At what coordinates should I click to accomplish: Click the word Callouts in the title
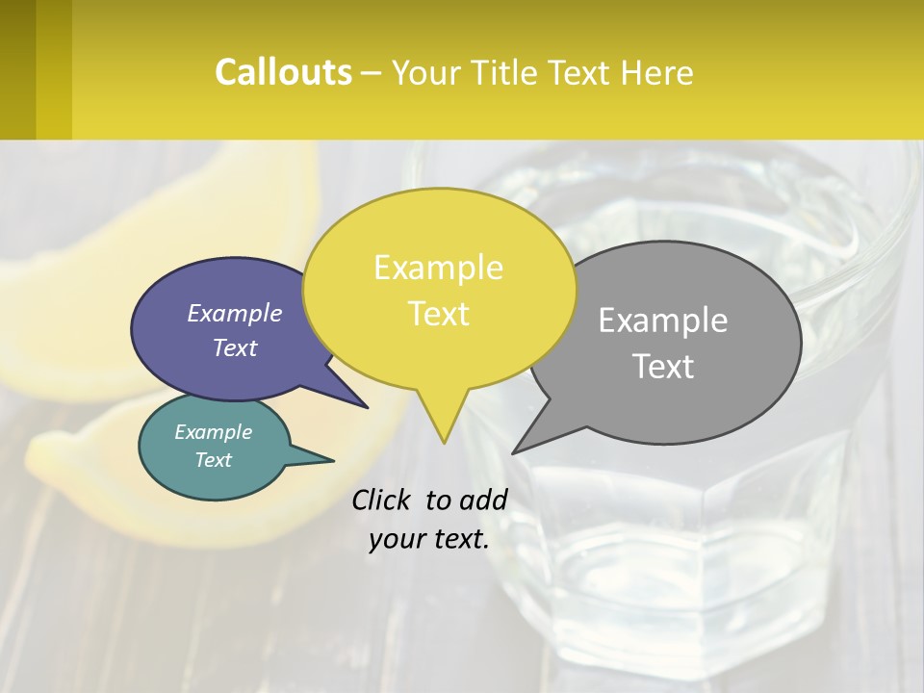pos(283,72)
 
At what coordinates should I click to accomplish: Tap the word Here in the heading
pos(658,73)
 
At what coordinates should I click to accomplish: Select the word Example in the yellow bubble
pos(438,268)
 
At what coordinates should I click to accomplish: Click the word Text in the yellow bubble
pos(439,314)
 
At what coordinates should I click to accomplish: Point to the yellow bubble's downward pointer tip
pos(444,439)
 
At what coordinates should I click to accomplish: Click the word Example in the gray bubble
pos(663,321)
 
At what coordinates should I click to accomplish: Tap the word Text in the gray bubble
pos(663,367)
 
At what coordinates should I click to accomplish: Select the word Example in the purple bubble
pos(235,314)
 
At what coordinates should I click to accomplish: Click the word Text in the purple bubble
pos(235,348)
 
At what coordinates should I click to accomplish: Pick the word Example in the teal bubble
pos(214,432)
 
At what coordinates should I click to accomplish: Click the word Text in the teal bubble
pos(214,460)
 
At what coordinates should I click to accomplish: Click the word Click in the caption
pos(382,500)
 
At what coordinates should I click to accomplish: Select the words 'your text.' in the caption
pos(429,539)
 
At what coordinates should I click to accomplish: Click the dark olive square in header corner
pos(17,69)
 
